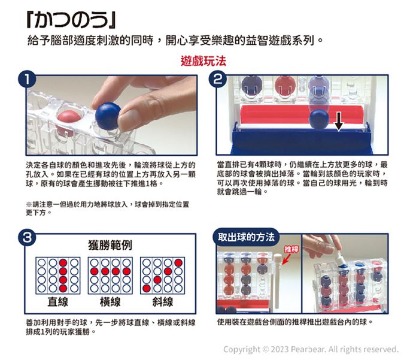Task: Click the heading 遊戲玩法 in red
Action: tap(202, 62)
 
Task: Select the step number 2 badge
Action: tap(220, 79)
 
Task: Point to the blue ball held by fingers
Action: tap(108, 116)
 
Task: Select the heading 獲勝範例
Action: tap(111, 246)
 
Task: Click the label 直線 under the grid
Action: tap(58, 301)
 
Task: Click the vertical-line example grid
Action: tap(58, 275)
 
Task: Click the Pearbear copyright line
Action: tap(310, 349)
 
